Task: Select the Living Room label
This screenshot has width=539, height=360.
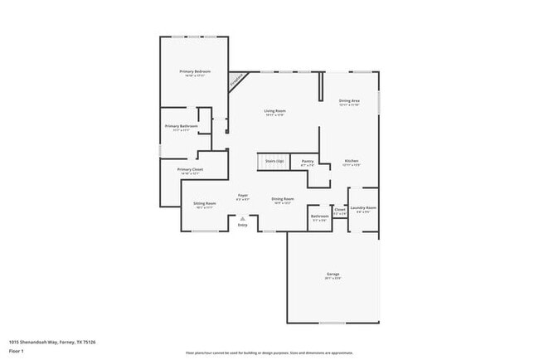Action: (274, 110)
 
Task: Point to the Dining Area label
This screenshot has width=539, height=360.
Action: (349, 101)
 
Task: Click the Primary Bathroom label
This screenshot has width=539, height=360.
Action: (180, 126)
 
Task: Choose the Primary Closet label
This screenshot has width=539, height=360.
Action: (190, 169)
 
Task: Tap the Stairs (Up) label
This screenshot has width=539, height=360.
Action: (274, 160)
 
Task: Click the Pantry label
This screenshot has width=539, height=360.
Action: (307, 161)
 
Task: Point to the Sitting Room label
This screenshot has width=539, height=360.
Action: (204, 203)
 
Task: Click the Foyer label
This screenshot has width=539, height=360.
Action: (243, 196)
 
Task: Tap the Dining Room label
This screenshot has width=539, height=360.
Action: (283, 199)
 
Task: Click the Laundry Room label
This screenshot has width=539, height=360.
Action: (363, 208)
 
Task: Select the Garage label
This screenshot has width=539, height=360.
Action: (333, 274)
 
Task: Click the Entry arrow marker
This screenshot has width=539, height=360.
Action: (243, 219)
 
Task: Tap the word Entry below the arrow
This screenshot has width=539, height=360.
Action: (243, 226)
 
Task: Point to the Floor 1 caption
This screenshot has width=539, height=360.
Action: (16, 352)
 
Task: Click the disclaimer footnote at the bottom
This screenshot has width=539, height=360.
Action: (269, 352)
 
